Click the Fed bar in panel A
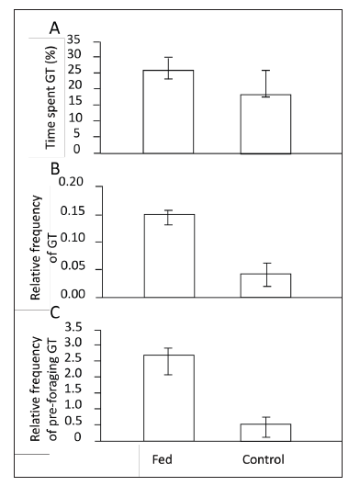[x=168, y=111]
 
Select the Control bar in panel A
[x=265, y=123]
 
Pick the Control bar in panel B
[x=265, y=285]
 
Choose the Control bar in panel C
[x=265, y=431]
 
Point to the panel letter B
[x=54, y=168]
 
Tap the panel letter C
[x=54, y=311]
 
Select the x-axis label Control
[x=264, y=458]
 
